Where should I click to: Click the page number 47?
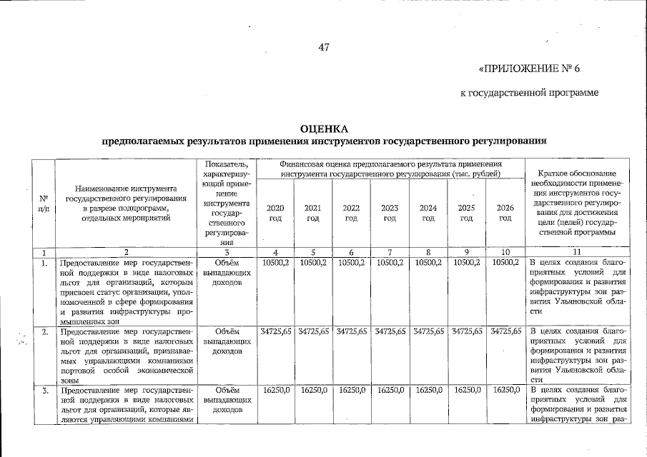point(323,48)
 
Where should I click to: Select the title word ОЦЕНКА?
point(323,129)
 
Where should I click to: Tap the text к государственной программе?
point(528,93)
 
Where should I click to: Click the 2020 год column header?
point(275,212)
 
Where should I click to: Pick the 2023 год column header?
point(390,212)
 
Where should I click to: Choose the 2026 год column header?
point(505,212)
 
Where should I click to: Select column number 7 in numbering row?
point(390,252)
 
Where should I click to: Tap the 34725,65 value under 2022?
point(351,331)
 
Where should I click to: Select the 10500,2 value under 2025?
point(466,263)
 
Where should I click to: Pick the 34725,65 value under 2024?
point(428,331)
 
